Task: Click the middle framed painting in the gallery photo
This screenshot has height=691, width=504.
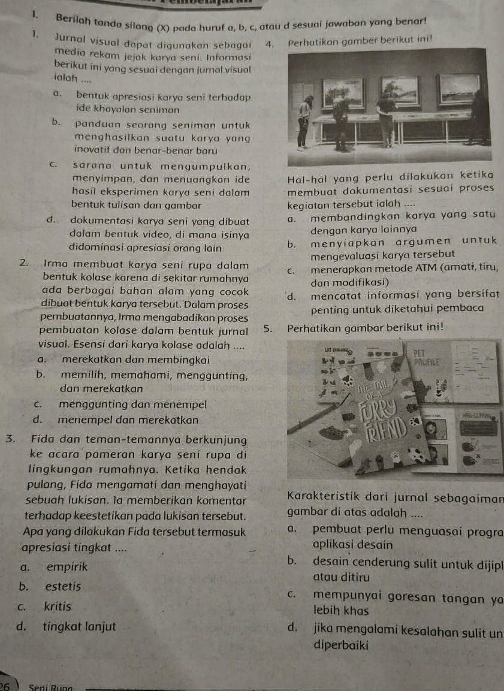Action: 399,91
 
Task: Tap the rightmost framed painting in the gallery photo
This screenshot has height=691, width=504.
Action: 459,89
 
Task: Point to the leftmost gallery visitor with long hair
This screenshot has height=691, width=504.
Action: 305,120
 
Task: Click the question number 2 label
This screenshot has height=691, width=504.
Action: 22,262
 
